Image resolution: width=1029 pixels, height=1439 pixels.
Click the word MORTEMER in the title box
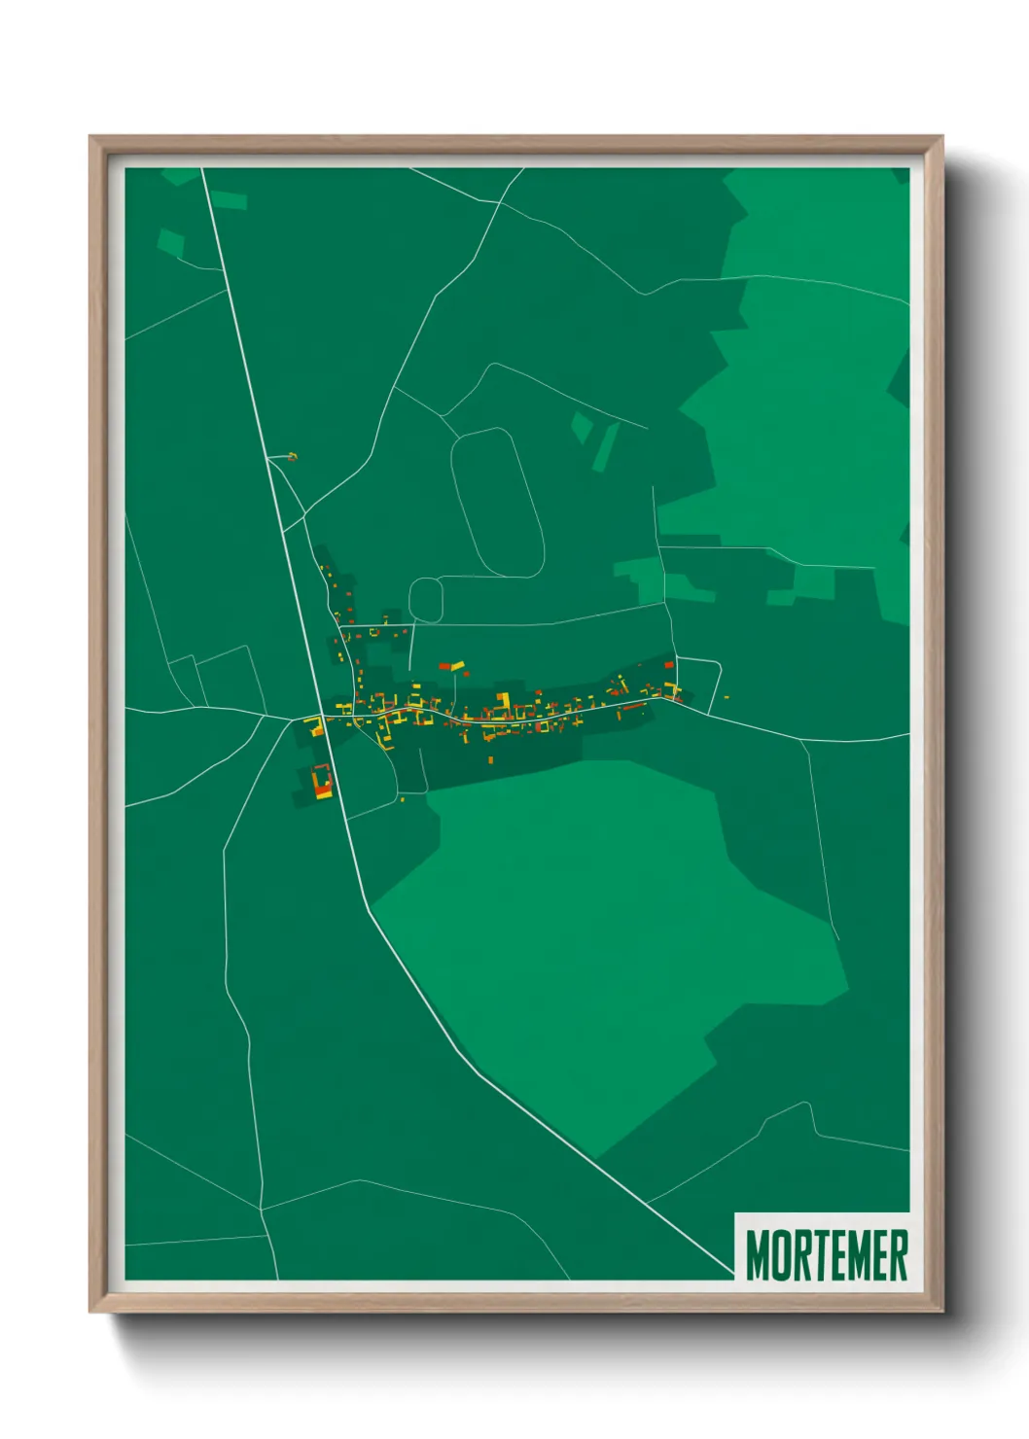coord(826,1255)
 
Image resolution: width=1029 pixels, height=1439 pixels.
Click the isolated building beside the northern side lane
coord(292,456)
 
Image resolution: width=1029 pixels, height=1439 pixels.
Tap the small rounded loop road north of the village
coord(426,600)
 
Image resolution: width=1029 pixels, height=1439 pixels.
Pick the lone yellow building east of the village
coord(727,695)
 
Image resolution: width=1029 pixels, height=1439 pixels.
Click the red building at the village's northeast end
coord(668,665)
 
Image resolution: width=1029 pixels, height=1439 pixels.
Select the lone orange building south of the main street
coord(490,759)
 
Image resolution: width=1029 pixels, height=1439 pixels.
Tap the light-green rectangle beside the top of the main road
coord(229,200)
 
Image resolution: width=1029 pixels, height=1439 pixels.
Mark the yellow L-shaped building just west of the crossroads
coord(313,725)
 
